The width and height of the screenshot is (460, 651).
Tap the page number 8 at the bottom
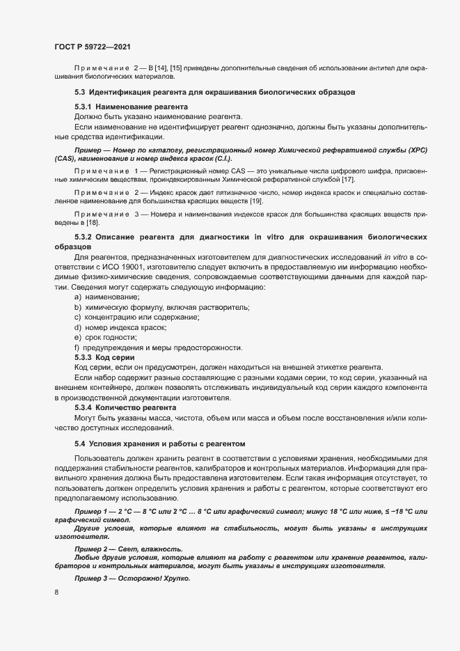point(56,593)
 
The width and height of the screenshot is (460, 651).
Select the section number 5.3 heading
point(79,92)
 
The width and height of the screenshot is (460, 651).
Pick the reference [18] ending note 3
point(92,223)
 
